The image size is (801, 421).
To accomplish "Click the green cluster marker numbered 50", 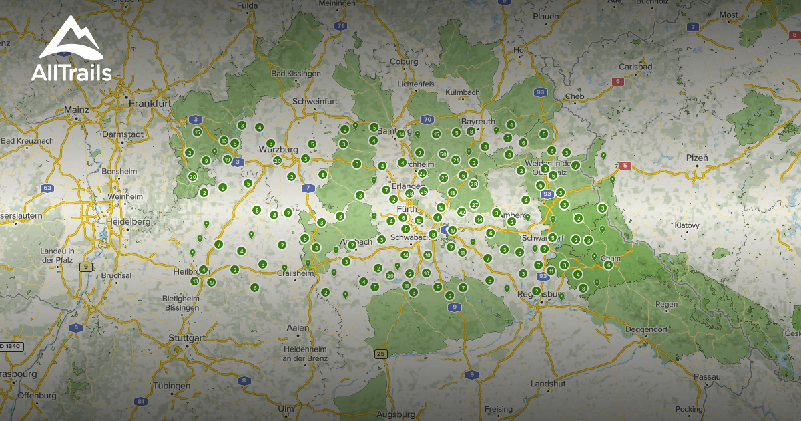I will (443, 154).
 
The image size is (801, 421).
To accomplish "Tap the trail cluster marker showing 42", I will (461, 212).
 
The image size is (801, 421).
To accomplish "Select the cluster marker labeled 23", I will (444, 178).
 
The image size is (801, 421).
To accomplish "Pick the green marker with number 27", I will (475, 204).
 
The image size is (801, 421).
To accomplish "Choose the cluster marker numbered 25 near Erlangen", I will (423, 191).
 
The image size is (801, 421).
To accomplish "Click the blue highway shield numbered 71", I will (341, 27).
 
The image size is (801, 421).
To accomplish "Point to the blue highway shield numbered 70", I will (427, 120).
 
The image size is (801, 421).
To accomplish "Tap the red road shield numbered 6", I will (618, 81).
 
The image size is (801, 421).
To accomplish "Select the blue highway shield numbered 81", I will (140, 401).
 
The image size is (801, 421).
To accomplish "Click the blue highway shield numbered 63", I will (47, 188).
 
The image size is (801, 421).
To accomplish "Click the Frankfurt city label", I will (150, 104).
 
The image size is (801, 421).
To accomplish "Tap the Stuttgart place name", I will (187, 338).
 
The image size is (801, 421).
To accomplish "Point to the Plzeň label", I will (696, 158).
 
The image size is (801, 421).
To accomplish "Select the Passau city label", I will (708, 377).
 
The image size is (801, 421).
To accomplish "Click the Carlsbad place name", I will (635, 67).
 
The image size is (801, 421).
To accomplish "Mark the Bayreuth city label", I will (478, 122).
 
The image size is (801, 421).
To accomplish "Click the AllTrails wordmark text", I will (71, 73).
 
